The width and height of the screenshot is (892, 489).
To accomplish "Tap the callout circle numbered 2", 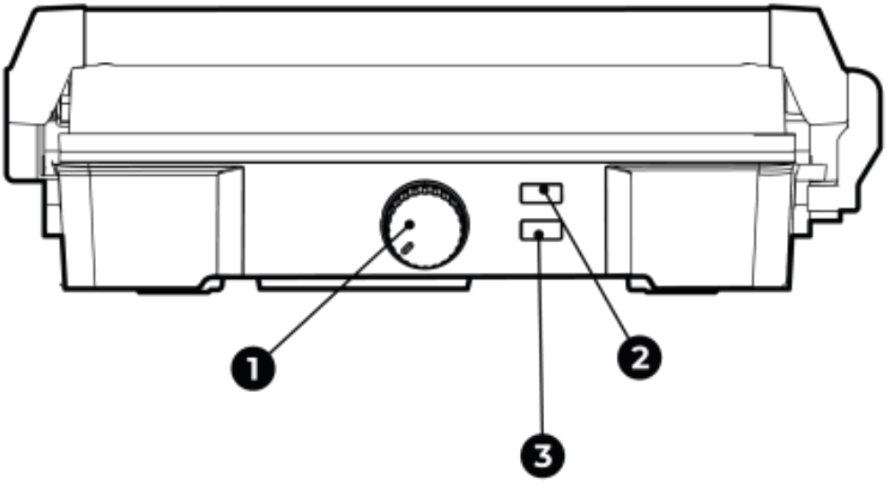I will [639, 358].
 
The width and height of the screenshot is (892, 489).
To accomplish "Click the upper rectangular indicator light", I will [541, 193].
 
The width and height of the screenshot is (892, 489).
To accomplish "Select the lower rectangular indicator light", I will [541, 231].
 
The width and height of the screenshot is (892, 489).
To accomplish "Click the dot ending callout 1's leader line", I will [409, 223].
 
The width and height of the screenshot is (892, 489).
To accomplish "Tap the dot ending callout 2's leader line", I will [544, 190].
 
